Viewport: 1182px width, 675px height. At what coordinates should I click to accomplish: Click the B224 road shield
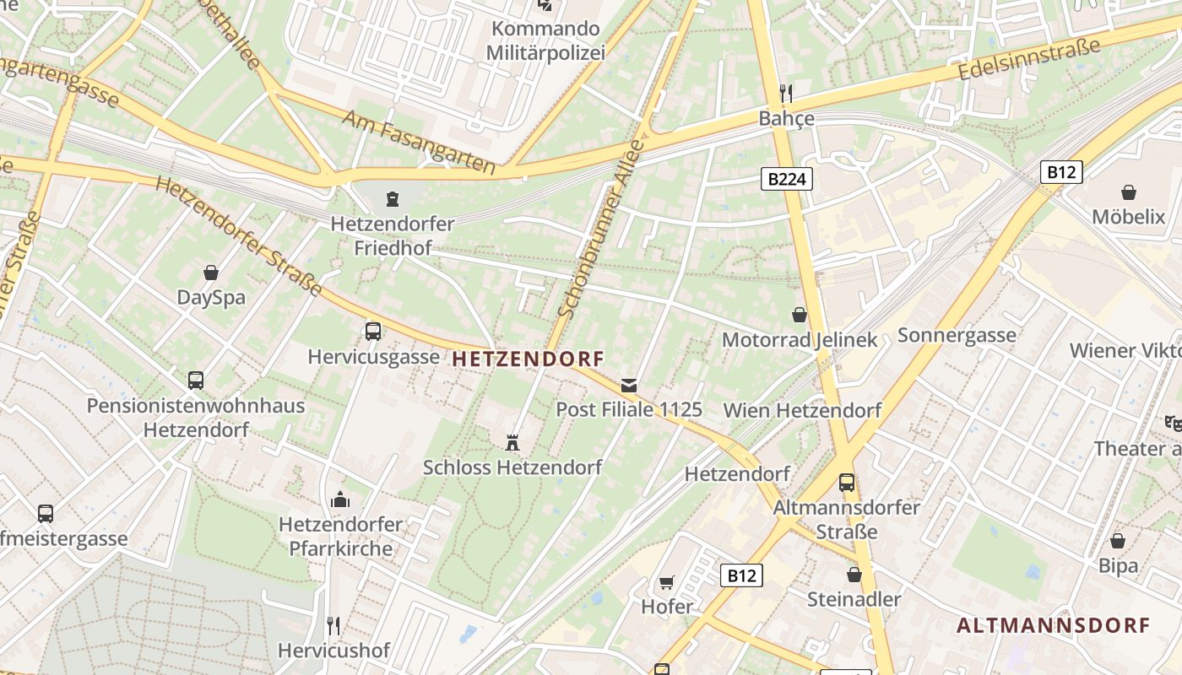(x=786, y=178)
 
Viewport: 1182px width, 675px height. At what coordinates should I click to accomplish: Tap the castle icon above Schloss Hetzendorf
(x=512, y=441)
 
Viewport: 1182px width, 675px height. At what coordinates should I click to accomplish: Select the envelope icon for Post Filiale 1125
(x=629, y=385)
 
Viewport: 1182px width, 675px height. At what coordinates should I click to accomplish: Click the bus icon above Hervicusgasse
(x=372, y=331)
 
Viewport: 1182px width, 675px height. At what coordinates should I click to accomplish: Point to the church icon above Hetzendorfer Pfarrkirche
(x=340, y=499)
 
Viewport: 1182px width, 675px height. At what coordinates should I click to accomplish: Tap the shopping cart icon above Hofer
(x=666, y=582)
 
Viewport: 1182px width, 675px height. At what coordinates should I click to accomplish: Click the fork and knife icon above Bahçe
(x=786, y=92)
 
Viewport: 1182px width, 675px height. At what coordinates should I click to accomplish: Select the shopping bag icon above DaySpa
(x=211, y=273)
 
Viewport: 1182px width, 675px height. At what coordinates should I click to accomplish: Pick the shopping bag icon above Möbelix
(x=1128, y=192)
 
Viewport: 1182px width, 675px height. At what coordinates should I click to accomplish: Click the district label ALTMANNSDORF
(x=1053, y=625)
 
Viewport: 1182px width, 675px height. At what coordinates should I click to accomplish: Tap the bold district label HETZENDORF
(x=529, y=359)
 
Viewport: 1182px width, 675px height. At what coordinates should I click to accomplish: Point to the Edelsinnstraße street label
(x=1030, y=59)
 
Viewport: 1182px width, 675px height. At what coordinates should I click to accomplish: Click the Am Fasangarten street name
(x=418, y=141)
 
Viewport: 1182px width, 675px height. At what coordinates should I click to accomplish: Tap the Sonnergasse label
(x=957, y=335)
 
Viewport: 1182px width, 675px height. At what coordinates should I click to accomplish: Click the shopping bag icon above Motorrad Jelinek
(x=800, y=315)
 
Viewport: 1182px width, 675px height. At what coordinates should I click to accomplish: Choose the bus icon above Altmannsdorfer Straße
(x=846, y=483)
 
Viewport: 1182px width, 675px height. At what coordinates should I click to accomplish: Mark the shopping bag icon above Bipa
(x=1118, y=541)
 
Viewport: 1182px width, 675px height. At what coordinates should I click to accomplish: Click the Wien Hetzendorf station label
(x=802, y=411)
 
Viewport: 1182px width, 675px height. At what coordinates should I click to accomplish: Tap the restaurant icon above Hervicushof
(x=333, y=625)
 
